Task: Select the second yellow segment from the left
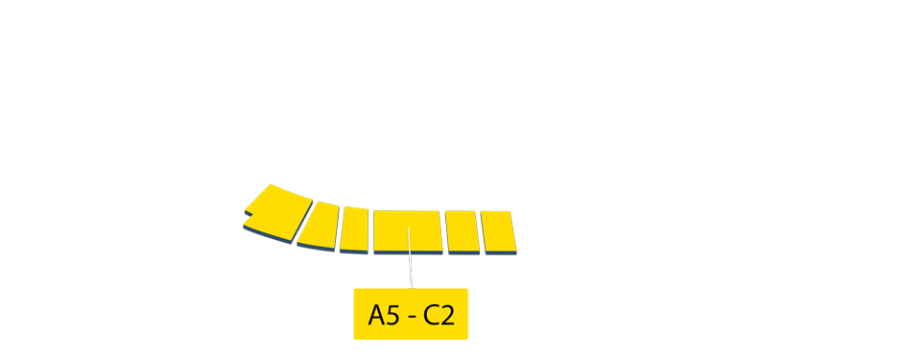[x=320, y=225]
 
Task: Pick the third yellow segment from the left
[x=354, y=228]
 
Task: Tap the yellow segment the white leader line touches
[x=407, y=230]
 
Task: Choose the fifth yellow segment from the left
[x=462, y=230]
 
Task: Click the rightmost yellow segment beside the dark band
[x=498, y=231]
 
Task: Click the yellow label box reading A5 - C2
[x=411, y=314]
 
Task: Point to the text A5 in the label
[x=383, y=315]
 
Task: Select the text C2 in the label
[x=439, y=315]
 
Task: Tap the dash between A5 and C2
[x=411, y=316]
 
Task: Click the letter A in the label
[x=376, y=315]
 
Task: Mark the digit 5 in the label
[x=392, y=315]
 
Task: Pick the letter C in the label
[x=432, y=315]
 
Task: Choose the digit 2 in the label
[x=447, y=315]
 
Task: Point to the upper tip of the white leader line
[x=408, y=228]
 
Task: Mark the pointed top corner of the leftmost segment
[x=272, y=184]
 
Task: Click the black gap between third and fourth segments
[x=370, y=230]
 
